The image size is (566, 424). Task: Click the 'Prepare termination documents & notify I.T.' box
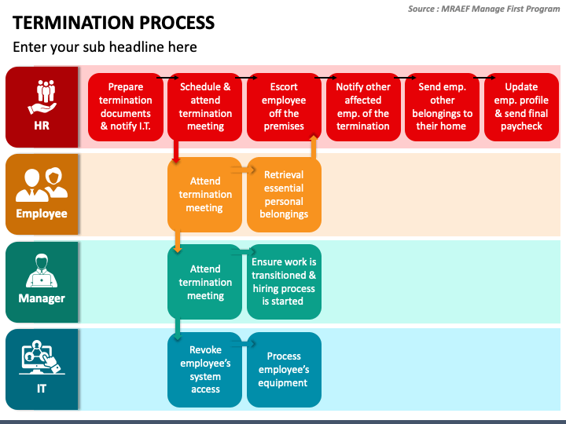[126, 107]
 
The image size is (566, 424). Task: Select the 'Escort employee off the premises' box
[284, 107]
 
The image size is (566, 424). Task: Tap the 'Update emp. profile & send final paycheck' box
[521, 107]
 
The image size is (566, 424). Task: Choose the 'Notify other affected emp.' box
[363, 107]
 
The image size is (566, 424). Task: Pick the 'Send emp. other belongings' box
[442, 107]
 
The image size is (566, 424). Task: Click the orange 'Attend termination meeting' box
[204, 195]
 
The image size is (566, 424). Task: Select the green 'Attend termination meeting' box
[204, 282]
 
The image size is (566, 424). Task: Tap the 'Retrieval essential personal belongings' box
[284, 195]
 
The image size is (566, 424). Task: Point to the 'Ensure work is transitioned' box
[284, 282]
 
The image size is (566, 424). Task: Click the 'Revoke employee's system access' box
[204, 370]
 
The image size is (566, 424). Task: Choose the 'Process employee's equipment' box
[284, 370]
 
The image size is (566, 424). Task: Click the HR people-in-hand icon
[42, 97]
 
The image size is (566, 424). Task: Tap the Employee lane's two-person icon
[42, 185]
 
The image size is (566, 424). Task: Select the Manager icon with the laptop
[42, 271]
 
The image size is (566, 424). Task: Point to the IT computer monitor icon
[41, 357]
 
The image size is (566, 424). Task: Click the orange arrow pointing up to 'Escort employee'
[314, 147]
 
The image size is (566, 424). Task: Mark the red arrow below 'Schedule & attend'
[176, 152]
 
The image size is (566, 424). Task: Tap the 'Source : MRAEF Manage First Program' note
[483, 9]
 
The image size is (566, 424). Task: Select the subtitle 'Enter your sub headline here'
[105, 47]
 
